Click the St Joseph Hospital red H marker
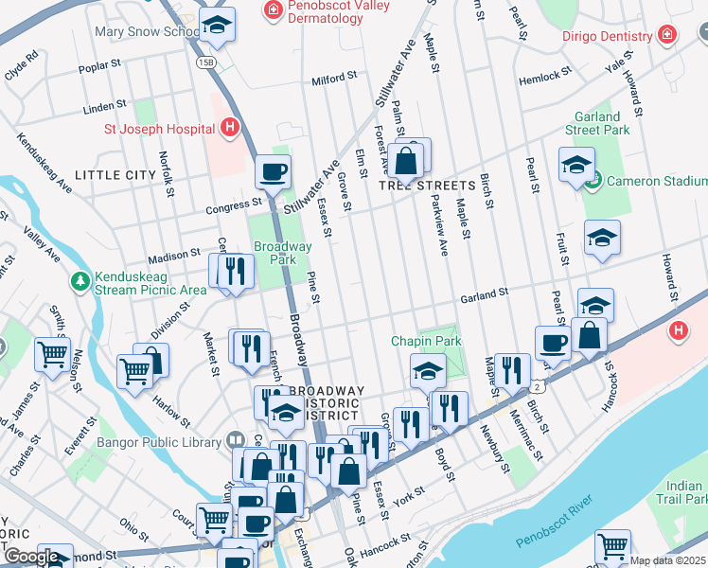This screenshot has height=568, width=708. [x=228, y=126]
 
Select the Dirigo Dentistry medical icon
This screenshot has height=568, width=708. [x=667, y=35]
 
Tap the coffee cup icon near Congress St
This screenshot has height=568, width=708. [x=273, y=172]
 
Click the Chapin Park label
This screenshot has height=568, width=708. [x=426, y=341]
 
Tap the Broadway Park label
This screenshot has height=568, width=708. [x=282, y=253]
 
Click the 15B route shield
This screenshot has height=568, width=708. [x=206, y=62]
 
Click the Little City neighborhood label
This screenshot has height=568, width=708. [x=115, y=175]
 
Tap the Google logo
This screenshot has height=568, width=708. [x=31, y=557]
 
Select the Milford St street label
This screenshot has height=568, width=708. [x=333, y=77]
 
